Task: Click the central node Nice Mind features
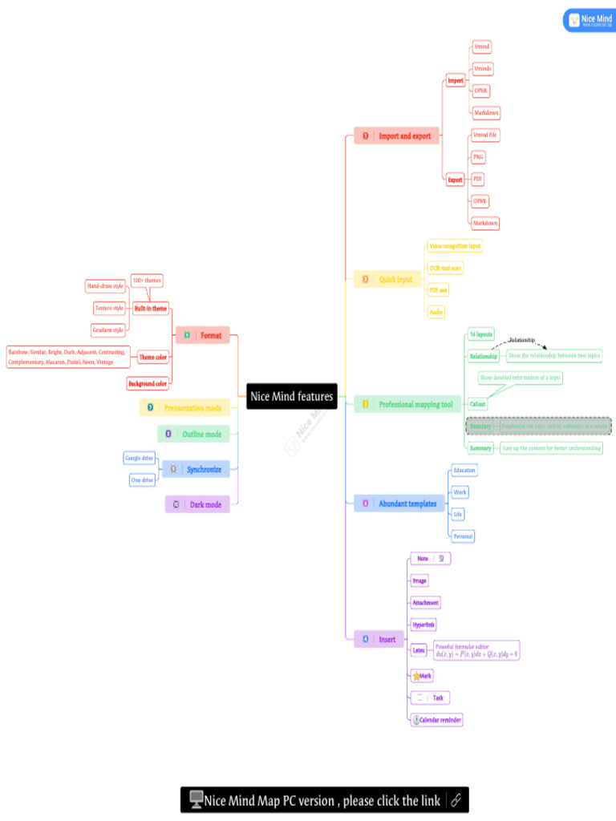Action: (x=291, y=396)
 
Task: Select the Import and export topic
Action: (x=396, y=136)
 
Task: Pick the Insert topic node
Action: (x=377, y=639)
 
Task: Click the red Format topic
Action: (x=202, y=335)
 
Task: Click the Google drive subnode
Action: (x=139, y=458)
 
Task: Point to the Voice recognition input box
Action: (x=455, y=246)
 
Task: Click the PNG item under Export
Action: (x=478, y=157)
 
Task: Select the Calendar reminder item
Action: (x=437, y=720)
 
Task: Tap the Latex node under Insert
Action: (x=419, y=650)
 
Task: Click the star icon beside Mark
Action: (x=416, y=676)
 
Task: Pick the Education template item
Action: (x=464, y=470)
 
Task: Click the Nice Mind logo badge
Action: (x=590, y=20)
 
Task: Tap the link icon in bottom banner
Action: (x=456, y=799)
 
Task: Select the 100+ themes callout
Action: (x=147, y=281)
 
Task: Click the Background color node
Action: (x=148, y=384)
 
